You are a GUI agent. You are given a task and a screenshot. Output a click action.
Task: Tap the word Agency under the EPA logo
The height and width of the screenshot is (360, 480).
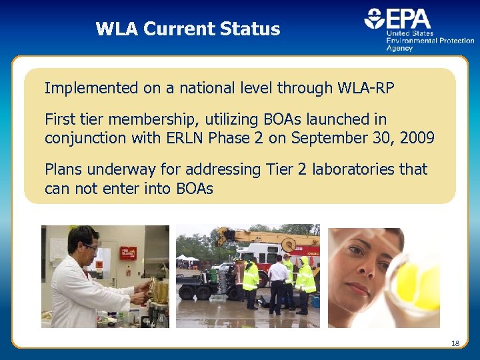(400, 48)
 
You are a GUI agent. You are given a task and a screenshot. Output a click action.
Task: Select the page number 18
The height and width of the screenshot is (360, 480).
(455, 343)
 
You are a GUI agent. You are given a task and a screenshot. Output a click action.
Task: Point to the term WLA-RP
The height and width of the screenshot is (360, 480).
(365, 87)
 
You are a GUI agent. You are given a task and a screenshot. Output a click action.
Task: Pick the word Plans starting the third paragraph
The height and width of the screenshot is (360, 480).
(64, 169)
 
